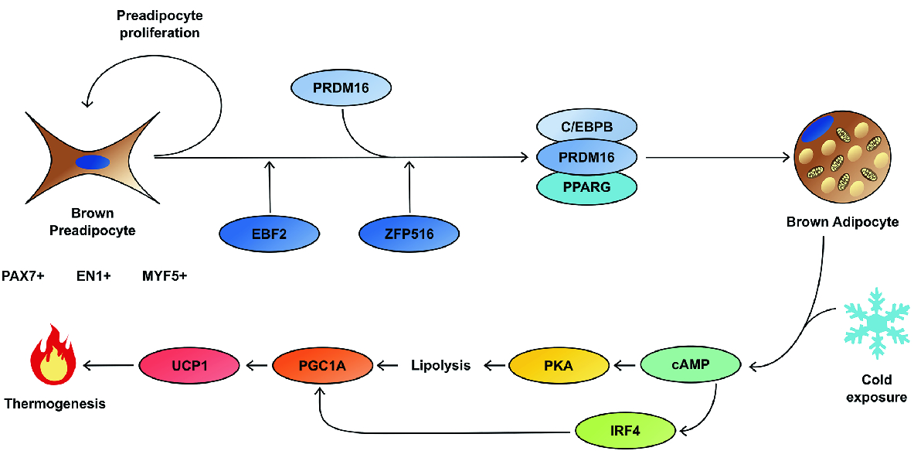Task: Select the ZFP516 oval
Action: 409,232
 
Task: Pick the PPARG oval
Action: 586,186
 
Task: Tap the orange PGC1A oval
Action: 324,365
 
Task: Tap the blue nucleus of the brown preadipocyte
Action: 92,162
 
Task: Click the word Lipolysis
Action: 440,366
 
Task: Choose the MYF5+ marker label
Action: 165,275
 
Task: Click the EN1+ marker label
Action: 94,275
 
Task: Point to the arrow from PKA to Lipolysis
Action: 495,365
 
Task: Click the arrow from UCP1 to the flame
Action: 109,365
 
